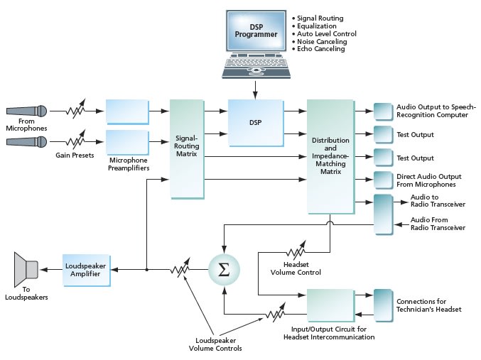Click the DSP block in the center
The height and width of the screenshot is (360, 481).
coord(255,121)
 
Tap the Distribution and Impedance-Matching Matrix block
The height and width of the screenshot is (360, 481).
coord(330,156)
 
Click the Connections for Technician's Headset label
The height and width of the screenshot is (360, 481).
coord(429,306)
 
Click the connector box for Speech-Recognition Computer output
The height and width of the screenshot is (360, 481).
coord(383,111)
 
